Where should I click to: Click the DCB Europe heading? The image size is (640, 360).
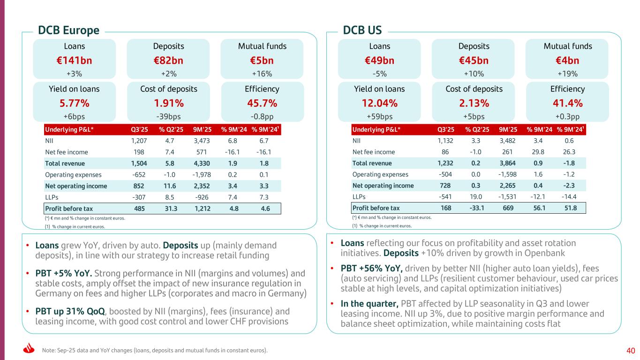(68, 30)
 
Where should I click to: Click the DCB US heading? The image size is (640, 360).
(362, 30)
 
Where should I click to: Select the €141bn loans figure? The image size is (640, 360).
(74, 60)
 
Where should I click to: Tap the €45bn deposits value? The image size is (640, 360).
(473, 60)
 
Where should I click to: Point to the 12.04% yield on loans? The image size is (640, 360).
(379, 103)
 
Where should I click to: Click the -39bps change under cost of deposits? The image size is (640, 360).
(168, 116)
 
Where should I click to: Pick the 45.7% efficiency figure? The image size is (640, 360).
(262, 103)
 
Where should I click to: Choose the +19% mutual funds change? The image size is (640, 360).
(567, 74)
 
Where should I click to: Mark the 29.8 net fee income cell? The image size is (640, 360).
(536, 152)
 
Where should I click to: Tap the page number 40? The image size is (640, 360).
(630, 350)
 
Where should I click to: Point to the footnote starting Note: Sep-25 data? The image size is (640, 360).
(155, 350)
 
